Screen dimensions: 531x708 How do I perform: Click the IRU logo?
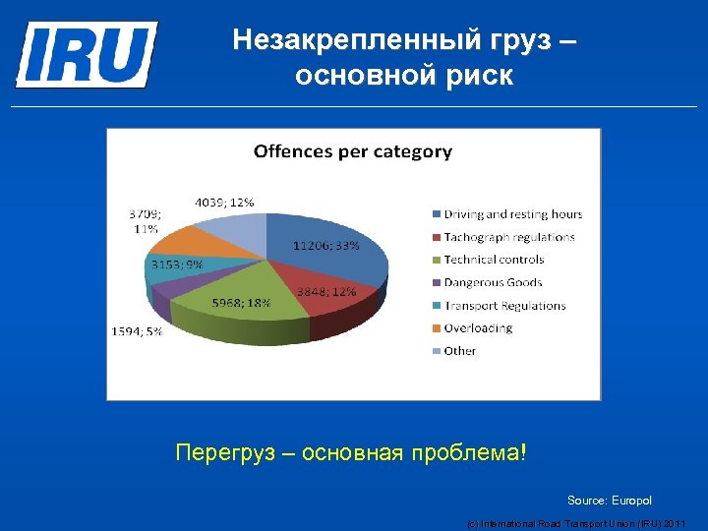click(x=86, y=54)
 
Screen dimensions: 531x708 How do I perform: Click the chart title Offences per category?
click(x=352, y=151)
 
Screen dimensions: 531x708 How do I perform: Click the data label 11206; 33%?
click(x=325, y=246)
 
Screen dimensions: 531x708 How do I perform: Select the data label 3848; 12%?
click(x=326, y=292)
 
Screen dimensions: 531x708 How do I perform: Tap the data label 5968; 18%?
click(x=241, y=303)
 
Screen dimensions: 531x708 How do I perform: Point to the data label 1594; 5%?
click(x=137, y=331)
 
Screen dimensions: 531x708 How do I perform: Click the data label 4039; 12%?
click(x=224, y=203)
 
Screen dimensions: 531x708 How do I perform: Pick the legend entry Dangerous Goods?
click(x=493, y=282)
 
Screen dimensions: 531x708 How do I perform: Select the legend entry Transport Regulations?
click(x=504, y=305)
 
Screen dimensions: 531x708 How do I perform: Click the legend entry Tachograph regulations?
click(x=508, y=237)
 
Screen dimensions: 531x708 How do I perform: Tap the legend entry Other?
click(x=459, y=350)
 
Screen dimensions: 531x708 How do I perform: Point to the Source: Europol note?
click(x=609, y=501)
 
